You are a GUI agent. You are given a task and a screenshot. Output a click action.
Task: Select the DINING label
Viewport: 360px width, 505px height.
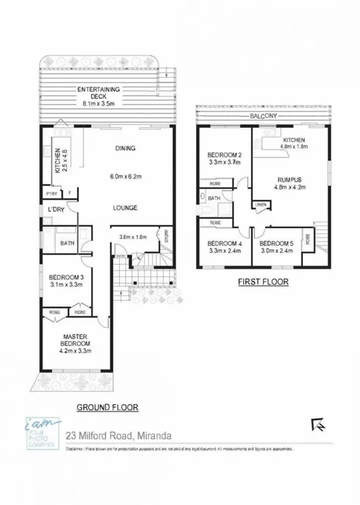[x=125, y=149]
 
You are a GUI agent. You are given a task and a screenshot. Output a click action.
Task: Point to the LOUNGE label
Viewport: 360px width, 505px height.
[x=125, y=206]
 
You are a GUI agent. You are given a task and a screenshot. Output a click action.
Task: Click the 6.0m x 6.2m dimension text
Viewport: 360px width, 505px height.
[x=125, y=176]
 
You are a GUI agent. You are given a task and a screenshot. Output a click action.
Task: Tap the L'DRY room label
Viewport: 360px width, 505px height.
[x=55, y=210]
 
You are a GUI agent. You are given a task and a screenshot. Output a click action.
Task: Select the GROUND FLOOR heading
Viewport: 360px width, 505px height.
[x=106, y=408]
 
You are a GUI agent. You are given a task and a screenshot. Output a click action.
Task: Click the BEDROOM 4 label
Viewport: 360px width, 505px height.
[x=224, y=244]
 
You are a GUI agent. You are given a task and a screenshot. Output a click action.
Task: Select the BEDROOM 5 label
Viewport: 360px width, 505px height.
[x=276, y=244]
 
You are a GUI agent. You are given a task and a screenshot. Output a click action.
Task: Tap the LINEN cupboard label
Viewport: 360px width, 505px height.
[x=261, y=204]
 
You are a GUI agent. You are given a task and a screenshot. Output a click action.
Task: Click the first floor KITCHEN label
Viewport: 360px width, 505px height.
[x=294, y=140]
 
